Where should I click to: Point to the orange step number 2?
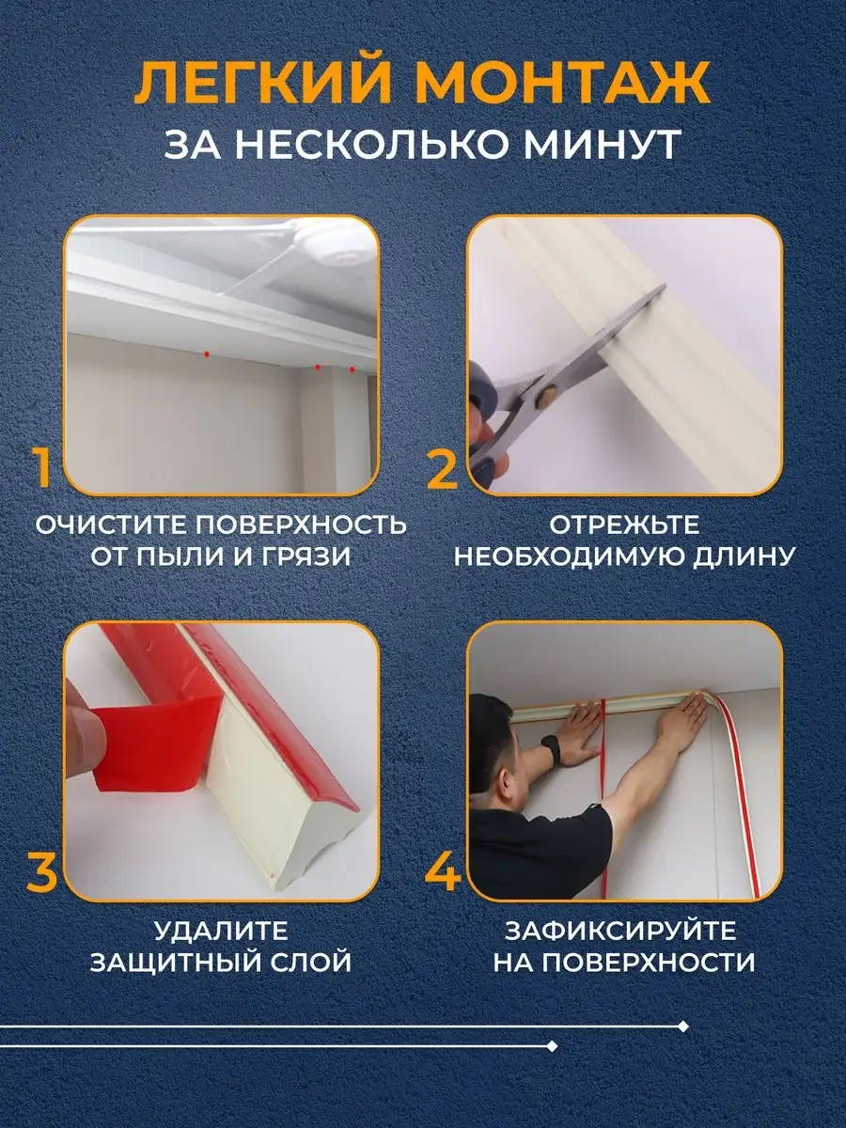[443, 468]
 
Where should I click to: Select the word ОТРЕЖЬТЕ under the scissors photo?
[624, 525]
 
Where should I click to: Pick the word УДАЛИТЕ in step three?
[221, 932]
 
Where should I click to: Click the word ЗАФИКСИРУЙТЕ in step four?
[620, 932]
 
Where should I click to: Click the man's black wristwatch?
[552, 750]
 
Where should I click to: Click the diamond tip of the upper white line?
[683, 1026]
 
